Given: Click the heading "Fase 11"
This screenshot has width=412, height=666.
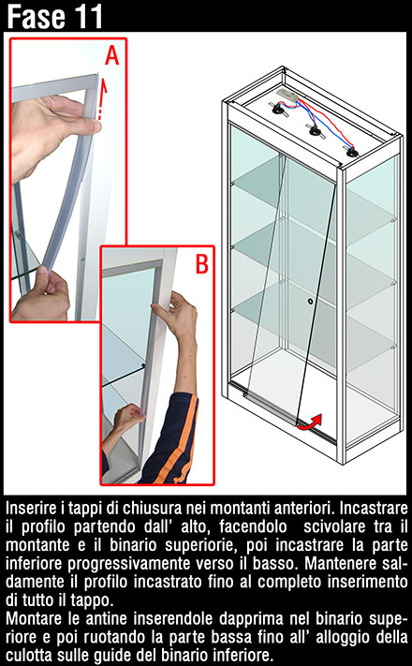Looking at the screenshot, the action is (x=55, y=17).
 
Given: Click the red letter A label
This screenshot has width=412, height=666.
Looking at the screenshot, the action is (x=112, y=54).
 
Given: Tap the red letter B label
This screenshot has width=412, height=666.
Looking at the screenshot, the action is (x=201, y=264).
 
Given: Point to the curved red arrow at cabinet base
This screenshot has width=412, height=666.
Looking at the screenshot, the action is (x=310, y=422).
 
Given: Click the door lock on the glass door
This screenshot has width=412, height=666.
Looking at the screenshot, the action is (x=311, y=301).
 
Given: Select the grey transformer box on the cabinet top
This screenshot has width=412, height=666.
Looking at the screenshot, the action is (x=287, y=95).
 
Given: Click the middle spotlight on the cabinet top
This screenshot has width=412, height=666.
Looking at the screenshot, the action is (x=316, y=131).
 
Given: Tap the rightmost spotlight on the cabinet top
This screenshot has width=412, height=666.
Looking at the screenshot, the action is (x=352, y=152).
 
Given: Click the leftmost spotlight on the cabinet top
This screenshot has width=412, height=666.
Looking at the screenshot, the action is (x=279, y=111).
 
